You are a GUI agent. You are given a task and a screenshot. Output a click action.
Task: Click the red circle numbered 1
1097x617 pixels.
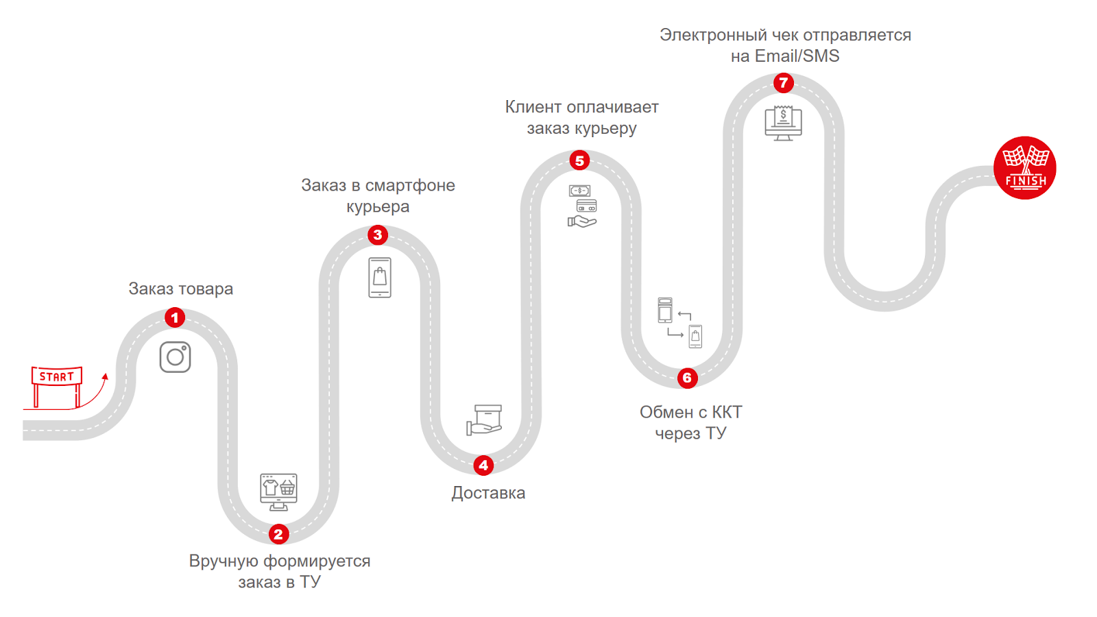(x=175, y=317)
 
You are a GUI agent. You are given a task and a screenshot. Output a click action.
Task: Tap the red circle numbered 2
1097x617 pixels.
(x=278, y=534)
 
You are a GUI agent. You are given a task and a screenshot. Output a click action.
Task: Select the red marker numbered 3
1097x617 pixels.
(x=377, y=235)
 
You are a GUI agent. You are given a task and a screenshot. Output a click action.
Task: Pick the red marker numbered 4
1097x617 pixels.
(x=483, y=465)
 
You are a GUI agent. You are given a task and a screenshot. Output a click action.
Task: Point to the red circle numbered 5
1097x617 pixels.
(x=579, y=160)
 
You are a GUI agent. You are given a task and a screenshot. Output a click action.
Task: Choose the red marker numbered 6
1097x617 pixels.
(x=687, y=378)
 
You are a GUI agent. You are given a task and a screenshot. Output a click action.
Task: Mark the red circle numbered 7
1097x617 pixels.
(x=783, y=83)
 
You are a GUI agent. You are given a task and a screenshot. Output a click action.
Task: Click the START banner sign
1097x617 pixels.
(x=57, y=377)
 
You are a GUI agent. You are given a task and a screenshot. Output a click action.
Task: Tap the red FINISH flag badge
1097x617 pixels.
(x=1025, y=168)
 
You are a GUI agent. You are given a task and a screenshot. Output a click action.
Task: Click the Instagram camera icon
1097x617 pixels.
(x=175, y=357)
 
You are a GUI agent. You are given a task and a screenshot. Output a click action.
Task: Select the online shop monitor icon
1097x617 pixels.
(x=278, y=492)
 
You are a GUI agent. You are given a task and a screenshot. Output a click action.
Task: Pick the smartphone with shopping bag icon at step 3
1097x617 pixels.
(x=380, y=277)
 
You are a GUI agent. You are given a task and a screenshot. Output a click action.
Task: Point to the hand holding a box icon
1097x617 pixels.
(x=485, y=420)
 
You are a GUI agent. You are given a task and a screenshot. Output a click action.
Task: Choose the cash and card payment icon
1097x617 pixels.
(x=583, y=206)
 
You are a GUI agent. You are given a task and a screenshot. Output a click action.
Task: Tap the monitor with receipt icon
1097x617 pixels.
(x=783, y=123)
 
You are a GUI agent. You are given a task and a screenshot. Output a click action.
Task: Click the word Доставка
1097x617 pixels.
(x=488, y=493)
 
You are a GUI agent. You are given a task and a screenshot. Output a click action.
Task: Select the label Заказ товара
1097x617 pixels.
(x=181, y=289)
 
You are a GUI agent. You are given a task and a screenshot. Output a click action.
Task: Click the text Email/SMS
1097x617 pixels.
(x=797, y=56)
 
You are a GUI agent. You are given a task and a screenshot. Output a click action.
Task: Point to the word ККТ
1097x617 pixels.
(x=727, y=412)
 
